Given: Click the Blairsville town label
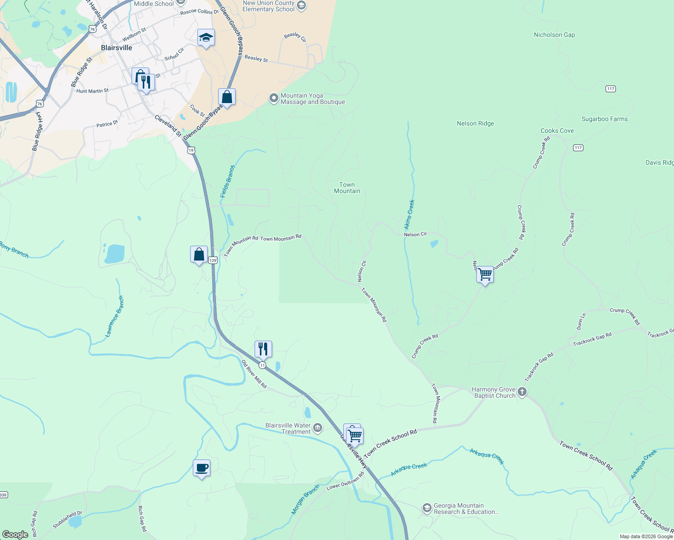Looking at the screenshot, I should (x=116, y=48).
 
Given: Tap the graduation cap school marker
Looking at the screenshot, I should (x=206, y=38).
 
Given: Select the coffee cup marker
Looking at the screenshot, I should (x=201, y=468).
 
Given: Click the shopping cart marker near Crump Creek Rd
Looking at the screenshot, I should (x=485, y=274).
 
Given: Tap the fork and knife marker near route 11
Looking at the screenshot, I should (x=263, y=349).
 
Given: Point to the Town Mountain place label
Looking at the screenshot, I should (x=347, y=188).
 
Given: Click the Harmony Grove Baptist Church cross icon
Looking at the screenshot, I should (x=522, y=391).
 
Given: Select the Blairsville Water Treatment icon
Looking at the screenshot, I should (x=318, y=427).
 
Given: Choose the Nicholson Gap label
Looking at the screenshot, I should (x=554, y=35).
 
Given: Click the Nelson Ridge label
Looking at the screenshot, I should (x=475, y=123).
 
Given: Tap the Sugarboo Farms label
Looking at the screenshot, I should (x=605, y=119).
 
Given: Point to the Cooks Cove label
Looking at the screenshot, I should (x=557, y=130).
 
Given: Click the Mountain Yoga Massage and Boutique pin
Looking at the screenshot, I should (x=273, y=98).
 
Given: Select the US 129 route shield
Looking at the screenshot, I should (x=213, y=260).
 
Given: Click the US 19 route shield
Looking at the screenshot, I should (x=191, y=150).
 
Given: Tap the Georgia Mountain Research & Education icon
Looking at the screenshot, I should (x=427, y=508).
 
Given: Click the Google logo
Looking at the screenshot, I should (x=15, y=535).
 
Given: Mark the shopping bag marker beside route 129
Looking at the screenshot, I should (x=199, y=255).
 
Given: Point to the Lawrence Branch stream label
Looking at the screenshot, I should (x=114, y=316).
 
